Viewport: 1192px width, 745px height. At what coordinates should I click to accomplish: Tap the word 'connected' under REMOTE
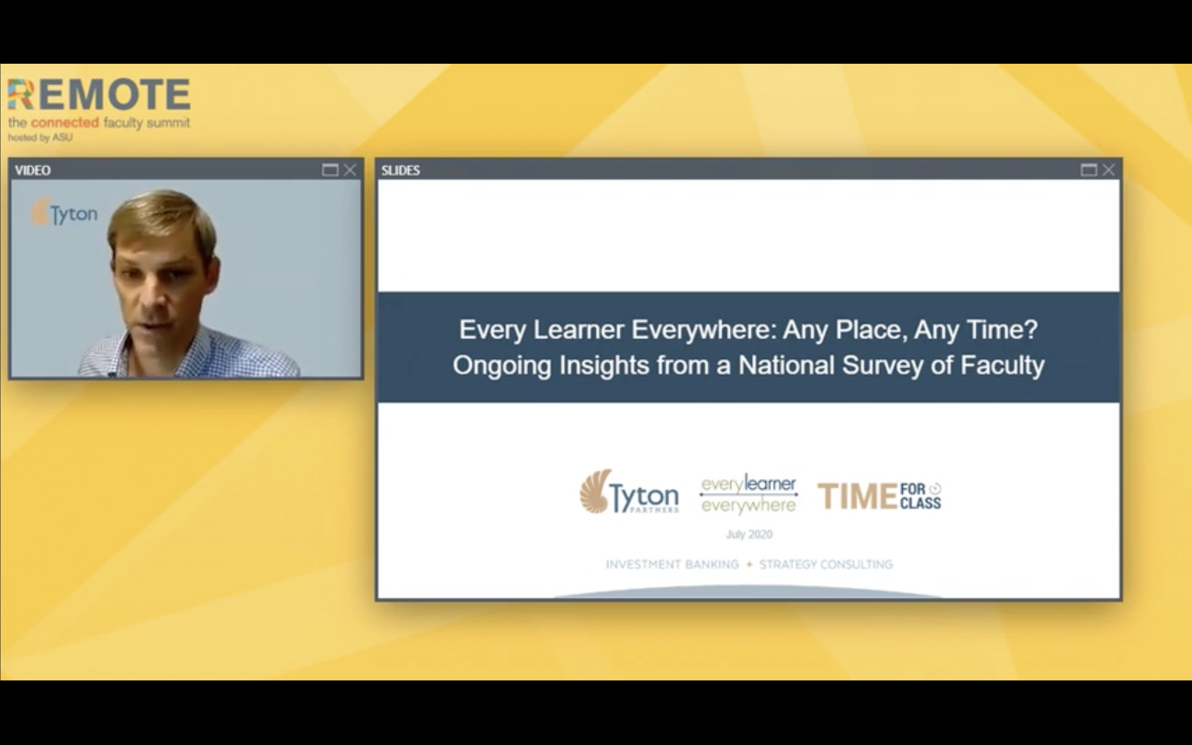coord(65,122)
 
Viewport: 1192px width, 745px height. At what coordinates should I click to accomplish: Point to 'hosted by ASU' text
coord(41,137)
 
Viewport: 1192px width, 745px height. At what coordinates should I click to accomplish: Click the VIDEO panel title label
coord(33,171)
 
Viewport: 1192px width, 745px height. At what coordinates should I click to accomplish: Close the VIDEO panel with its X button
coord(350,170)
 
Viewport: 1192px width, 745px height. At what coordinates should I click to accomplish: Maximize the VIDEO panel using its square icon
coord(330,170)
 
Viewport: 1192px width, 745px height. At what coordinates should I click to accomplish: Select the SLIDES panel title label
coord(401,171)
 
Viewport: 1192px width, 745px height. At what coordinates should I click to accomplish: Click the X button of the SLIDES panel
coord(1108,170)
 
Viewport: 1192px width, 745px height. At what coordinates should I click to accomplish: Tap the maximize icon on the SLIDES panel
coord(1089,170)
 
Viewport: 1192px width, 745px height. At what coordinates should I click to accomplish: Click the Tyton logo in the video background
coord(65,213)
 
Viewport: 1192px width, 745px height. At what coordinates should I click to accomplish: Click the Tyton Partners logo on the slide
coord(629,492)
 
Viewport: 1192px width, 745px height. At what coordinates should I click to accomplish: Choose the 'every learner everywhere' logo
coord(749,494)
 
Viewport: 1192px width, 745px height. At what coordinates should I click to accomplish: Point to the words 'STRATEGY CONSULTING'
coord(826,565)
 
